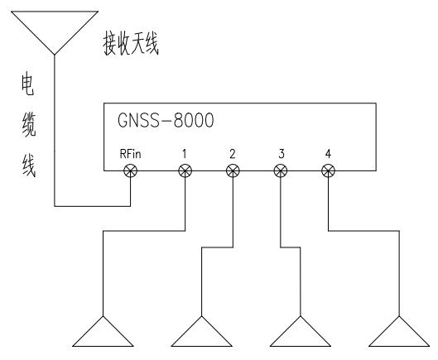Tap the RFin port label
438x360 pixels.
[130, 154]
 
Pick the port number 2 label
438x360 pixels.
[233, 154]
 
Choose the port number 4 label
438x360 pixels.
[329, 154]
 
